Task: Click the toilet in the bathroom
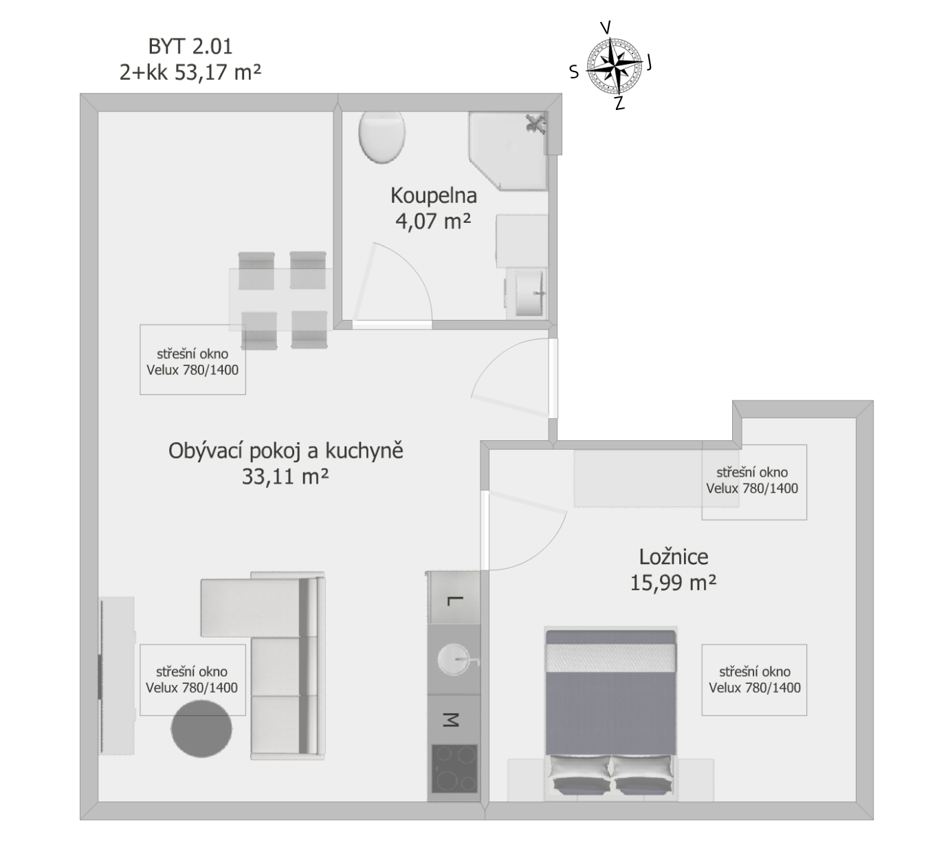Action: pyautogui.click(x=382, y=137)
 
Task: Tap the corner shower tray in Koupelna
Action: pyautogui.click(x=509, y=151)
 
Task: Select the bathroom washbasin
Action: pyautogui.click(x=531, y=293)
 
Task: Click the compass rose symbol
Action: pyautogui.click(x=614, y=66)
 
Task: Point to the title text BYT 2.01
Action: pyautogui.click(x=190, y=47)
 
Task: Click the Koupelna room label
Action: pyautogui.click(x=434, y=195)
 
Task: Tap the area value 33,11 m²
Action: pyautogui.click(x=285, y=476)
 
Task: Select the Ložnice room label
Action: pyautogui.click(x=674, y=557)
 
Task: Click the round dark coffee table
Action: pyautogui.click(x=201, y=728)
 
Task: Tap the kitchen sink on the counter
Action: pyautogui.click(x=454, y=659)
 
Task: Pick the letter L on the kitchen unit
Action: pyautogui.click(x=452, y=601)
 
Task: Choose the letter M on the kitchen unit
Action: pyautogui.click(x=451, y=720)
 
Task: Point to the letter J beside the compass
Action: pyautogui.click(x=649, y=61)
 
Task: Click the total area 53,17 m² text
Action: pyautogui.click(x=217, y=73)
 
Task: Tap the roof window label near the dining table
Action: pyautogui.click(x=192, y=362)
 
